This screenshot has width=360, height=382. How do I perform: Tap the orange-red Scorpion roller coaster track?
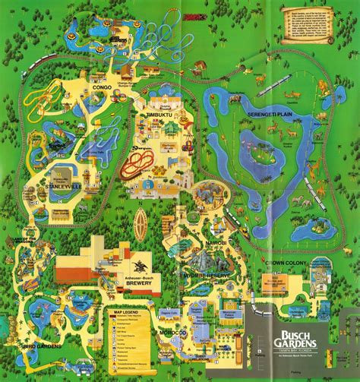tap(137, 162)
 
